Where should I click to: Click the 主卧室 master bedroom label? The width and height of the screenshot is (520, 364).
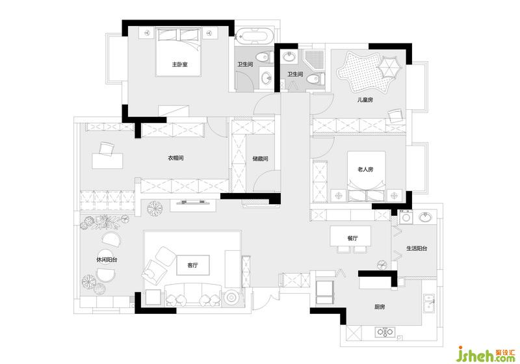[179, 64]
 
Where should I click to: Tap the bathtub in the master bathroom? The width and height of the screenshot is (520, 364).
[255, 36]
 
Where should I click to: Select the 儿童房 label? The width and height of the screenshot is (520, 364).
[365, 99]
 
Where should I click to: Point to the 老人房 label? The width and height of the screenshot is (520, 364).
[365, 169]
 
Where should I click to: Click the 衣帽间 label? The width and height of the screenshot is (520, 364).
[175, 158]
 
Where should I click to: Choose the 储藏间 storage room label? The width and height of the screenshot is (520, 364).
[261, 159]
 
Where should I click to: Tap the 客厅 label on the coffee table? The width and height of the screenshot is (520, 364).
[192, 265]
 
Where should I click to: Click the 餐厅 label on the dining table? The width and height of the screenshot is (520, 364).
[352, 238]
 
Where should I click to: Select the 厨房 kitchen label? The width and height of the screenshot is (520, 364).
[380, 307]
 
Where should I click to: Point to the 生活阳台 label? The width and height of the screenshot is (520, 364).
[417, 248]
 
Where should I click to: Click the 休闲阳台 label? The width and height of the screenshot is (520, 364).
[107, 260]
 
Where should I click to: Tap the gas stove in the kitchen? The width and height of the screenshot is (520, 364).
[385, 332]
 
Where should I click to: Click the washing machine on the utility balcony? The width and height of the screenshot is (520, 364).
[406, 218]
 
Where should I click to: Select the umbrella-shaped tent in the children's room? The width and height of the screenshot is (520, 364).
[389, 67]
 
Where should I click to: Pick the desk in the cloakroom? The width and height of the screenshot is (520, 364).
[107, 161]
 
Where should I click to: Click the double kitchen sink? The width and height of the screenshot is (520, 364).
[429, 304]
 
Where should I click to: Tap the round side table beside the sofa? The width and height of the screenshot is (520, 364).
[231, 297]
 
